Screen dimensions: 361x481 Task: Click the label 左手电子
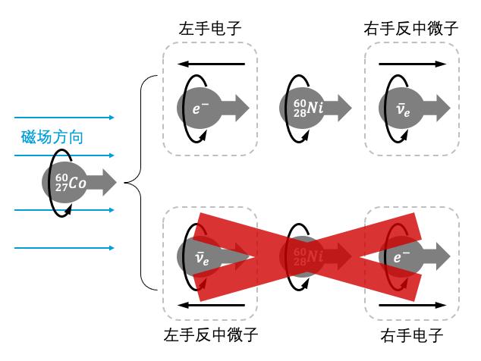tap(210, 30)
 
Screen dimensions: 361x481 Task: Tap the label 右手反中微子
tap(412, 30)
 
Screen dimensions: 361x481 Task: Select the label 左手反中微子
tap(210, 334)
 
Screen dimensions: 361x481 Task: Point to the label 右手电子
tap(412, 334)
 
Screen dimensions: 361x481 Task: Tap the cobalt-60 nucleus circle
tap(64, 182)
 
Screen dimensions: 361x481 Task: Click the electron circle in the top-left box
tap(200, 108)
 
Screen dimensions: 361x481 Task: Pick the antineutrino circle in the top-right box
tap(402, 108)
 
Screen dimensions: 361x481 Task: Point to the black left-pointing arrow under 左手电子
tap(210, 64)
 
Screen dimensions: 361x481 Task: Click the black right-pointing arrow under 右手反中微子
tap(412, 64)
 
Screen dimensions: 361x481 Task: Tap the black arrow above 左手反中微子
tap(210, 305)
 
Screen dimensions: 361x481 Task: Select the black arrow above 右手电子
tap(412, 305)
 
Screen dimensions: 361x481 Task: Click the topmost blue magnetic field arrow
tap(64, 118)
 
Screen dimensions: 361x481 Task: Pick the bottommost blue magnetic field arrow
tap(64, 248)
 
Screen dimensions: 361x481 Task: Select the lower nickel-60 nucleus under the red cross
tap(302, 256)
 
